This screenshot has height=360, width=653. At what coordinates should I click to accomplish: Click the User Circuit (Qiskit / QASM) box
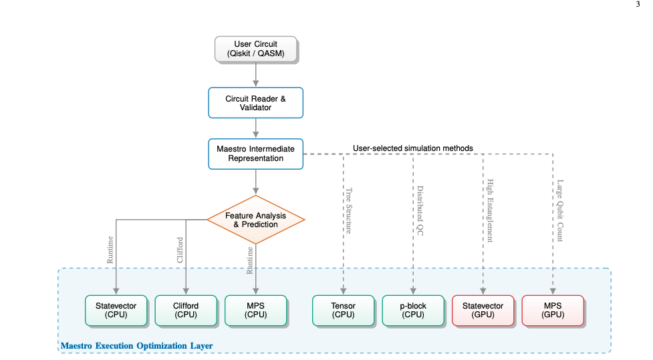255,49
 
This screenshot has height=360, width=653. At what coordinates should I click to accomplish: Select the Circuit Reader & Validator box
255,103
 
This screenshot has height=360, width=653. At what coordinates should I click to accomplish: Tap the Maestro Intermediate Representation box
255,154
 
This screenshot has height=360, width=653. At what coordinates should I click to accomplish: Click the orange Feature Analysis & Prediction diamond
255,220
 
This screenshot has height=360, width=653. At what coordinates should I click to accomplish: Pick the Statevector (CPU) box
116,311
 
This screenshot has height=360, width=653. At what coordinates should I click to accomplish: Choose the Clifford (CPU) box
185,311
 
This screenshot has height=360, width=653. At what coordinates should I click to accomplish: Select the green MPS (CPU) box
255,311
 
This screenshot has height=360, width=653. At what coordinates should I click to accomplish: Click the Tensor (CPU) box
343,311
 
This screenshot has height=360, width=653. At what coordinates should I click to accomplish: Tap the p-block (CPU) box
413,311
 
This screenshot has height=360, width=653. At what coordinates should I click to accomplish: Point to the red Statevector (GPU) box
483,311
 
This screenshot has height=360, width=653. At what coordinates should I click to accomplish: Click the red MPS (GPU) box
552,311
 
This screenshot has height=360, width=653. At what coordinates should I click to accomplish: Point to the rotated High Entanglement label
489,210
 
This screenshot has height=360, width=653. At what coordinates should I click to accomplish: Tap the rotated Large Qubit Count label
559,210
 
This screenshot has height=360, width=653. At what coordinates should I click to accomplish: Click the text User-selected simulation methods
412,148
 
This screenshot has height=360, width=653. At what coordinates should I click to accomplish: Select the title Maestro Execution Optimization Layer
136,346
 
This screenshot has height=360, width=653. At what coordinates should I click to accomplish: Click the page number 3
637,4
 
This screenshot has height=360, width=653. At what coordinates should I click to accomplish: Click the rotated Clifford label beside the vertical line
180,249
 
